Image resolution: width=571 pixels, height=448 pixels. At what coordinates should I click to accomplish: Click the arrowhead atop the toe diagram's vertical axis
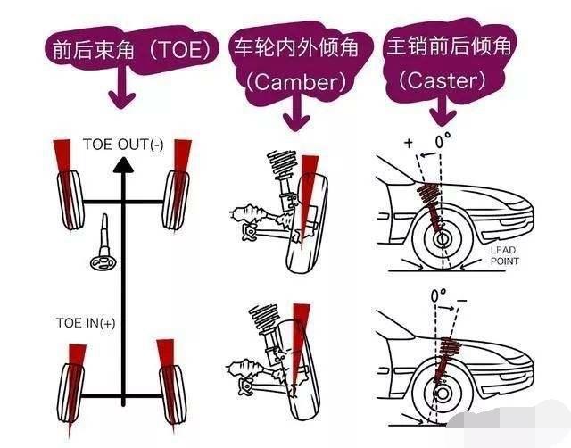click(126, 163)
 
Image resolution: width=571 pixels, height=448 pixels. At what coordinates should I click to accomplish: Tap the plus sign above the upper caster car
click(409, 143)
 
